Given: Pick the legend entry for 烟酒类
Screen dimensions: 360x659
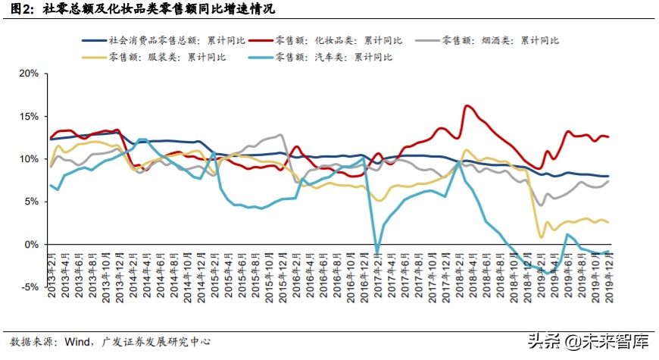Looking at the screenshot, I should pos(507,39).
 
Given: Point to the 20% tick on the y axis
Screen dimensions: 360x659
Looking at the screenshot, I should pos(28,74).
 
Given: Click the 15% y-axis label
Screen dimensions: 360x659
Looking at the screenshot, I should pos(28,117).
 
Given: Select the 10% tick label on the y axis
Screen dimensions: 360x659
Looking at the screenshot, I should pos(28,159).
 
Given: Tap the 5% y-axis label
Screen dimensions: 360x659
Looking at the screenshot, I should pos(30,202).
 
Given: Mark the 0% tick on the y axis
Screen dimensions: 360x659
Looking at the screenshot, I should pos(30,245).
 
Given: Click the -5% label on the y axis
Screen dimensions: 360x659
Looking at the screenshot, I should pos(29,287).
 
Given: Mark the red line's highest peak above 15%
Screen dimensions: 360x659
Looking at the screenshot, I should pos(467,106).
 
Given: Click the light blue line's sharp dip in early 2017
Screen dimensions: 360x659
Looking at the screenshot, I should pos(376,250).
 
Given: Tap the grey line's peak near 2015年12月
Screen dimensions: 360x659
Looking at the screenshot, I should pos(280,136).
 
